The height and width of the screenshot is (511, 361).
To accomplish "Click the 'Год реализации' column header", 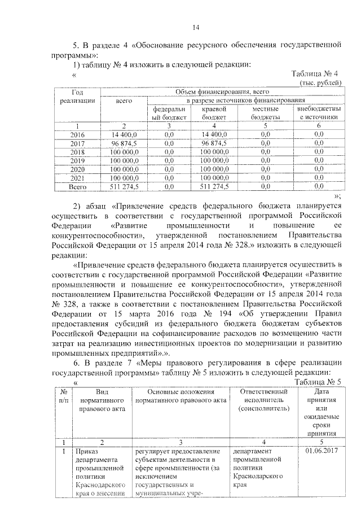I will [76, 95].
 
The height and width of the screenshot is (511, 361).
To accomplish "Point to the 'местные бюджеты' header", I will [266, 113].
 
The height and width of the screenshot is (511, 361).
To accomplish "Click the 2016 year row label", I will [76, 134].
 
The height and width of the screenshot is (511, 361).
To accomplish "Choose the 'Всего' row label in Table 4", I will [76, 185].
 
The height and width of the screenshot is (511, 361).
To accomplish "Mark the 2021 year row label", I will [76, 177].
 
